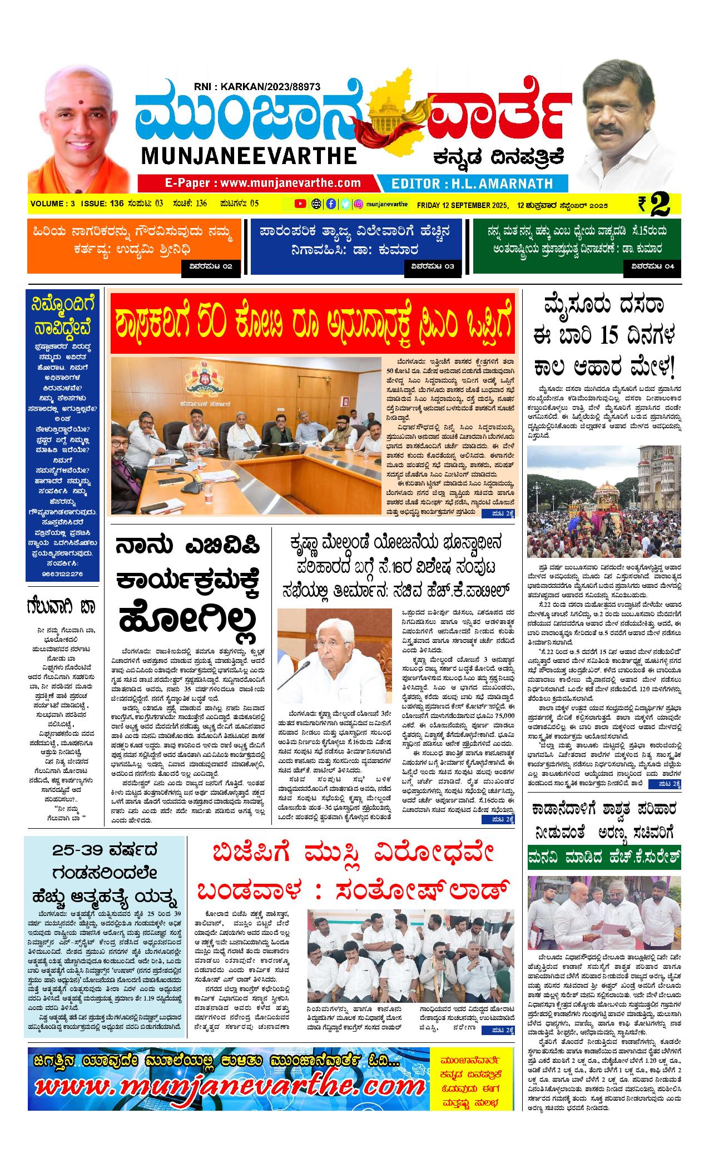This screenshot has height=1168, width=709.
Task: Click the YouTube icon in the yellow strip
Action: (x=300, y=204)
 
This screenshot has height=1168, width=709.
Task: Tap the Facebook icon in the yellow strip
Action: (x=331, y=204)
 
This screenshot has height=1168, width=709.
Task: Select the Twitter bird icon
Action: (x=345, y=204)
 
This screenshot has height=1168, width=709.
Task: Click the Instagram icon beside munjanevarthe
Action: (x=359, y=204)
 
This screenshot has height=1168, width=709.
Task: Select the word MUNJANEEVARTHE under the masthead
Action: (x=249, y=155)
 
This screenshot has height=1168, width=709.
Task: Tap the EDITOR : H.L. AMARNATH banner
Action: (x=472, y=183)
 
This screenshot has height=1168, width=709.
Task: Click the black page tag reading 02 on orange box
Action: (x=211, y=266)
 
